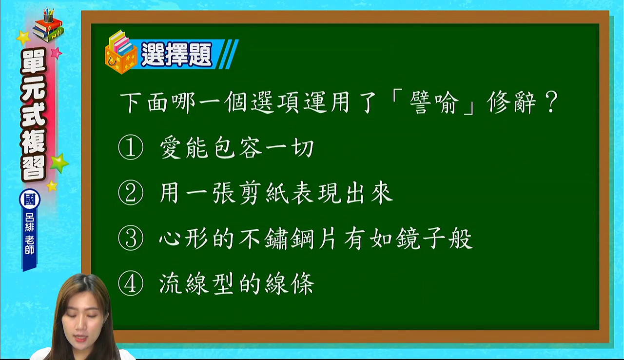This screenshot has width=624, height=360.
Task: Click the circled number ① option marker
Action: click(131, 147)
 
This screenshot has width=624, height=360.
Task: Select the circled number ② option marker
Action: click(131, 193)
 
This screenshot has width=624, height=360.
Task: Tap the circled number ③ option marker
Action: click(131, 238)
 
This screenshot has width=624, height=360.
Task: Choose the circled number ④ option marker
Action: click(131, 283)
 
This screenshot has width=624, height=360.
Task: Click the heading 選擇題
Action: click(177, 54)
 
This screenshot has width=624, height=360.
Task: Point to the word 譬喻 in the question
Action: click(434, 102)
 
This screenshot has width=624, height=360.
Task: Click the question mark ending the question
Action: click(551, 102)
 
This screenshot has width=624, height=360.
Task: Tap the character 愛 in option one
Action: click(171, 148)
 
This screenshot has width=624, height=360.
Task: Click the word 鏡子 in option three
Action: click(421, 238)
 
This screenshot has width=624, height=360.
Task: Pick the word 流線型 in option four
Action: click(196, 283)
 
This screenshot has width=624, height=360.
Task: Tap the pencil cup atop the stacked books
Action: click(48, 16)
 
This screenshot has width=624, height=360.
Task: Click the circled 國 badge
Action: click(30, 200)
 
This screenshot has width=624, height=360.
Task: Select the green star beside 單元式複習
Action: click(59, 163)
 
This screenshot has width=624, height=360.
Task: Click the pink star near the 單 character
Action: click(57, 53)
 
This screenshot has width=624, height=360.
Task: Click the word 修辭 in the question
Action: click(511, 102)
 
